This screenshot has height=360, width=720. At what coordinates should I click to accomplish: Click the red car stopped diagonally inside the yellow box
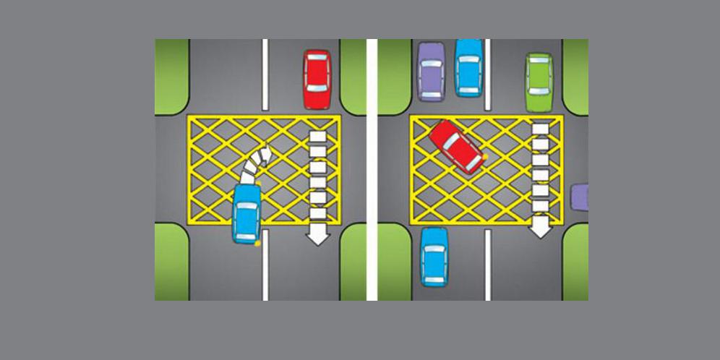tap(457, 147)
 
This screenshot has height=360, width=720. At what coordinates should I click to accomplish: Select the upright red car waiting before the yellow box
tap(317, 79)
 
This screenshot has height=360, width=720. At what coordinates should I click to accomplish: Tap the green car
tap(539, 82)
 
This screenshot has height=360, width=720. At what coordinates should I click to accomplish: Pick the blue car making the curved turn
tap(247, 213)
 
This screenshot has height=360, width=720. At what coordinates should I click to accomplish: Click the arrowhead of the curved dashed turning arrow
tap(265, 153)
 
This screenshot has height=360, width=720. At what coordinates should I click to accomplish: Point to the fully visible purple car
tap(431, 71)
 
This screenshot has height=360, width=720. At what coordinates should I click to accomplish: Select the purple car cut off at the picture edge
tap(580, 197)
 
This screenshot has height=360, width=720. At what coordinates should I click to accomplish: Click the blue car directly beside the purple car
tap(468, 67)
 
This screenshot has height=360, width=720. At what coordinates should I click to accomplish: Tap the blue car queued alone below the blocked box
tap(434, 257)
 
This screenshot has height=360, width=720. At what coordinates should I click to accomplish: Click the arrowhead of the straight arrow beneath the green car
tap(540, 230)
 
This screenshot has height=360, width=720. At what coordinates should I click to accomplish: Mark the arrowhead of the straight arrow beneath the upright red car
tap(317, 236)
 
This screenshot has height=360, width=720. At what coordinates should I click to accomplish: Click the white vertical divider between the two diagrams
tap(372, 170)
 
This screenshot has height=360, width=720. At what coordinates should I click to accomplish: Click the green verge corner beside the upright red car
tap(353, 77)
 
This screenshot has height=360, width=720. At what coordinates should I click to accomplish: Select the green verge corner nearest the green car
tap(575, 75)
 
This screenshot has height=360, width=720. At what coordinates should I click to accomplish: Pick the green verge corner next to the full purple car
tap(394, 77)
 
